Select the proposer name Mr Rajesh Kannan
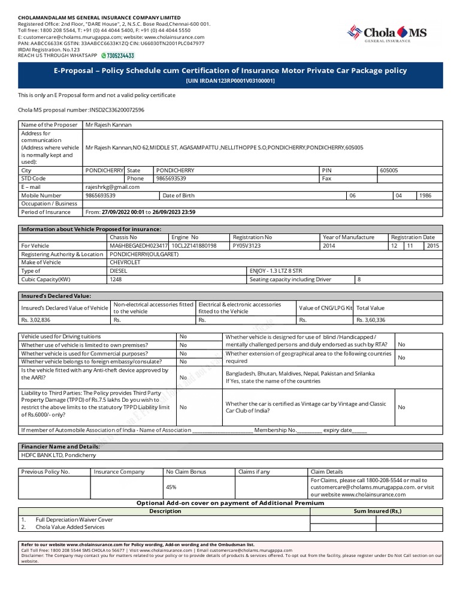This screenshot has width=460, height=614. click(x=108, y=125)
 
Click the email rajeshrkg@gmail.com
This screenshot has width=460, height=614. click(x=113, y=186)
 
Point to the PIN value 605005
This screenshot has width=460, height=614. click(x=389, y=170)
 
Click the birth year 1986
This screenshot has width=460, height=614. click(x=425, y=195)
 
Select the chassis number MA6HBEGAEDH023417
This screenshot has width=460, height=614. click(x=138, y=246)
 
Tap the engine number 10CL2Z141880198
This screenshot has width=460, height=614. click(x=194, y=246)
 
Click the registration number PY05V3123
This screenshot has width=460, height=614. click(x=247, y=246)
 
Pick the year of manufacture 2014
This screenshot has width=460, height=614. click(x=329, y=246)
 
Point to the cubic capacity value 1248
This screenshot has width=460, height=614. click(x=115, y=279)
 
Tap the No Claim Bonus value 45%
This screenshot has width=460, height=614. click(x=171, y=487)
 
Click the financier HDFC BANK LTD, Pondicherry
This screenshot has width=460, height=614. click(x=58, y=455)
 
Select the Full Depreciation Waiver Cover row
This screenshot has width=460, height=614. click(x=74, y=519)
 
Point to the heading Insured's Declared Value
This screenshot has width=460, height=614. click(x=56, y=296)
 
